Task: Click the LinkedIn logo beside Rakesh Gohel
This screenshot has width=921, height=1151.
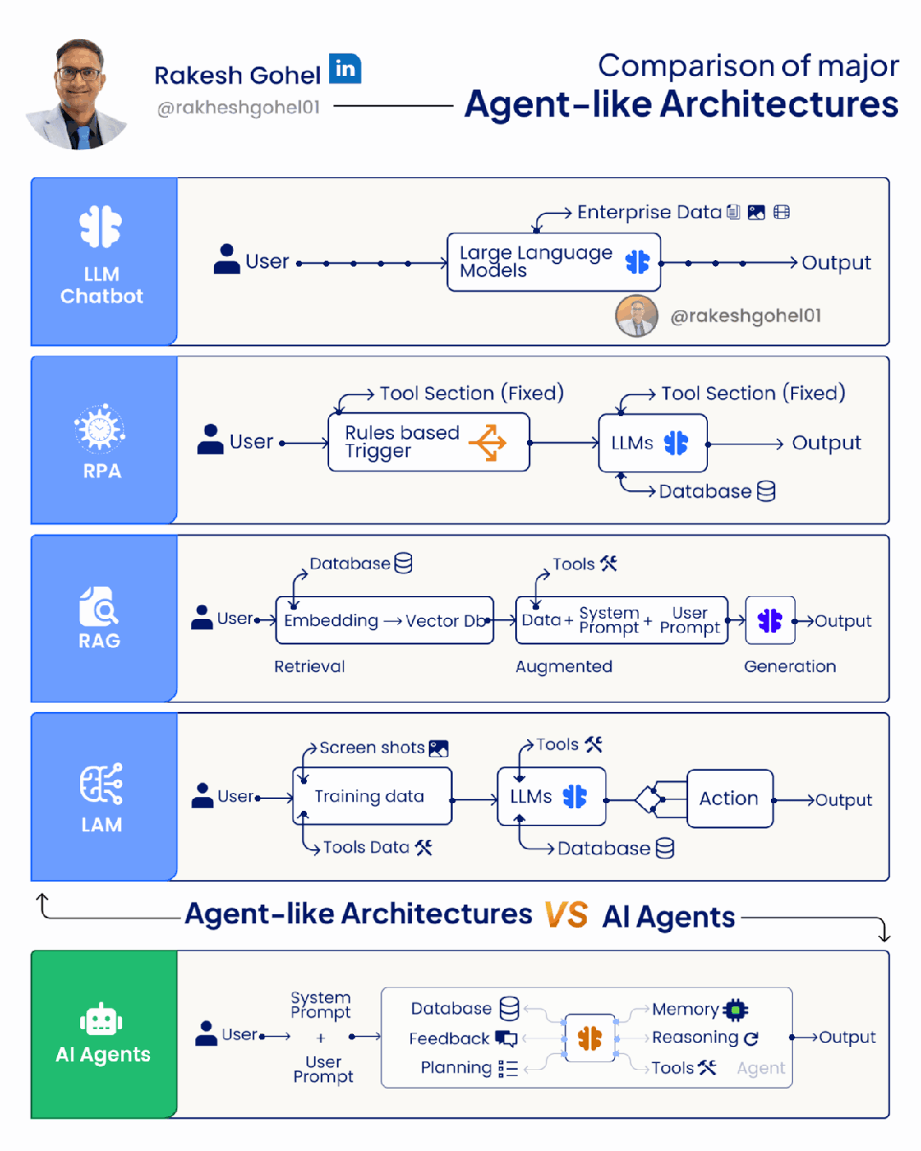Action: click(345, 68)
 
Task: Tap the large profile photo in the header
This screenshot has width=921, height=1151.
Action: click(79, 95)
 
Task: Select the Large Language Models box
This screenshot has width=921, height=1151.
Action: click(553, 262)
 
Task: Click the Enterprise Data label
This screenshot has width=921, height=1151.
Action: click(649, 212)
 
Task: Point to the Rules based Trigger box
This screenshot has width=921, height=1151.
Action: click(428, 442)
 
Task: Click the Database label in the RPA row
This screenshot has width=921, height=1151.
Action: click(705, 491)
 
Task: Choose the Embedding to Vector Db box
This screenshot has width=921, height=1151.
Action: click(385, 620)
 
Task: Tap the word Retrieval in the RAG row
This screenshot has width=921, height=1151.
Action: click(310, 666)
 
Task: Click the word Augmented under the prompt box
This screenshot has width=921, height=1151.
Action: click(564, 666)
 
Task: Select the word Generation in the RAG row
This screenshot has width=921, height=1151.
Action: click(790, 666)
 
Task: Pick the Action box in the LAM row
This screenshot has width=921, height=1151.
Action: click(729, 798)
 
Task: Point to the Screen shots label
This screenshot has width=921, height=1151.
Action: click(372, 748)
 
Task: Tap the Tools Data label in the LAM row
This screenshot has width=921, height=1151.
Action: click(367, 847)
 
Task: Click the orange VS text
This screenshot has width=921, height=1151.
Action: click(566, 914)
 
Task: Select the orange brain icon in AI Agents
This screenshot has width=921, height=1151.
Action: click(589, 1038)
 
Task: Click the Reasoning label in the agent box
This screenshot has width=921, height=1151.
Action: click(695, 1038)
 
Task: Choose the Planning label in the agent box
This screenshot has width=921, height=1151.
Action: click(456, 1067)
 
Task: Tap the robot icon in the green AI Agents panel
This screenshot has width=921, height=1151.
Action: click(101, 1019)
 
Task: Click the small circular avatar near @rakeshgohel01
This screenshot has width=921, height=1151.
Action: click(636, 316)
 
